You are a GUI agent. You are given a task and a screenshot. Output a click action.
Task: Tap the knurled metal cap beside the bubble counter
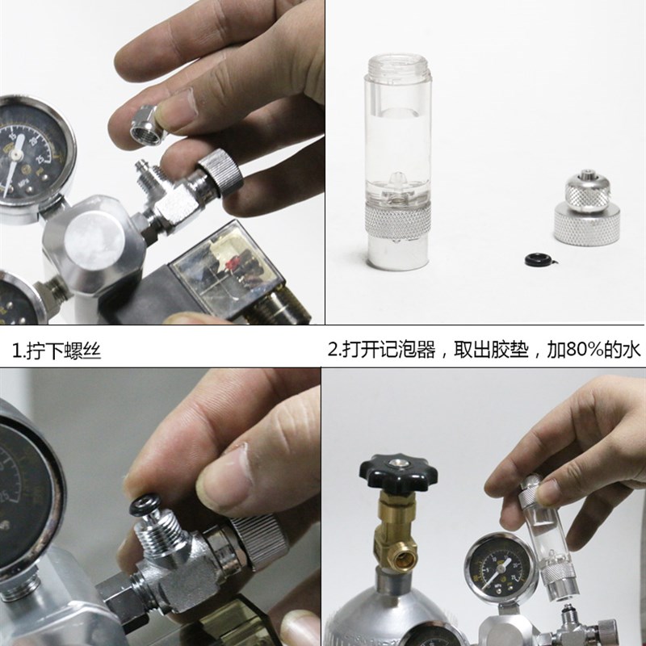(587, 212)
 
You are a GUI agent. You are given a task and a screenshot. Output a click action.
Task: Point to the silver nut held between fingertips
(148, 121)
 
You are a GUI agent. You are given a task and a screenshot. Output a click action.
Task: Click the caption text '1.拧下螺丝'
(57, 351)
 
